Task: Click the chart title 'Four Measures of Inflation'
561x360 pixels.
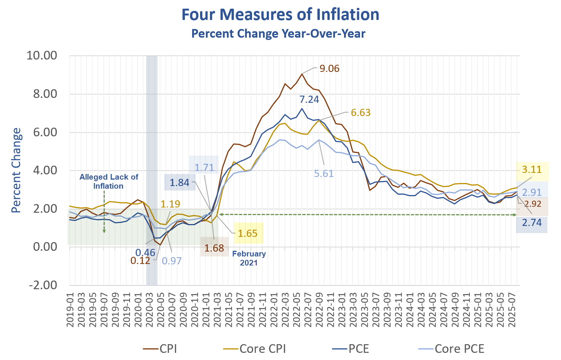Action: click(x=280, y=15)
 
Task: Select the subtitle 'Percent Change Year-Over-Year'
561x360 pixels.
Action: click(x=278, y=34)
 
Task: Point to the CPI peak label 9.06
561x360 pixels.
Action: click(x=329, y=69)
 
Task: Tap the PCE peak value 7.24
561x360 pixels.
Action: click(x=309, y=99)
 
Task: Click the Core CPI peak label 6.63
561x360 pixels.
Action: click(x=361, y=113)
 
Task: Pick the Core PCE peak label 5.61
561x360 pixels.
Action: click(x=324, y=174)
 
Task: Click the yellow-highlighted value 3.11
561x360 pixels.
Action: click(x=532, y=170)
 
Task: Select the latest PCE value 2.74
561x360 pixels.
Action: click(x=532, y=223)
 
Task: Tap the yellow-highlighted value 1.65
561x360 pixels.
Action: click(x=248, y=233)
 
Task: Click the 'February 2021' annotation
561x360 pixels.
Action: click(x=249, y=258)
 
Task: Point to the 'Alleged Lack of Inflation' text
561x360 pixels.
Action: click(x=109, y=182)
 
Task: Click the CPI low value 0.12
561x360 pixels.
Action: click(x=140, y=261)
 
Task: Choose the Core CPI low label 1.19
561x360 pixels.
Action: click(x=170, y=204)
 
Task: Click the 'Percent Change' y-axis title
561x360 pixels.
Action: click(x=16, y=170)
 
